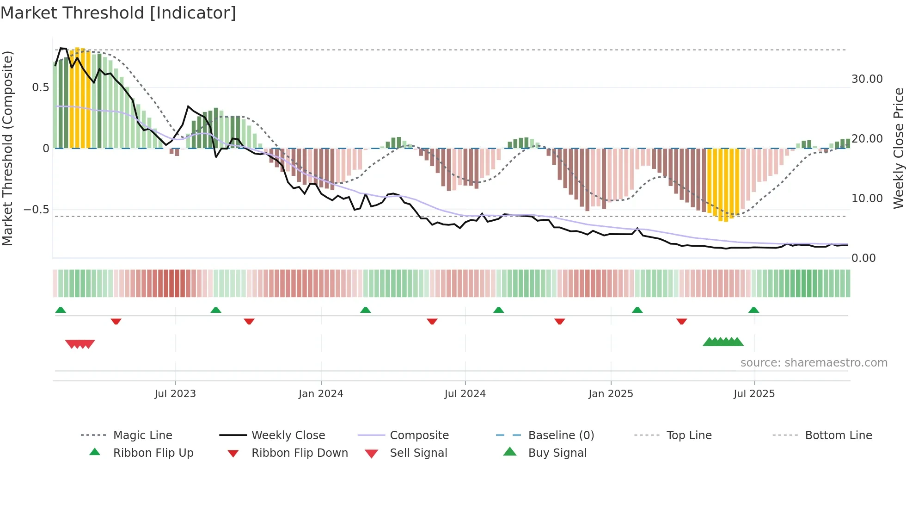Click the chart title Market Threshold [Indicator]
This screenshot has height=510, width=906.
118,13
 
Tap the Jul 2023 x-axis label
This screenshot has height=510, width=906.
175,394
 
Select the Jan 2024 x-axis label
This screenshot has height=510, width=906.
321,394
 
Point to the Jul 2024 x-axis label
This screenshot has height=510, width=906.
465,394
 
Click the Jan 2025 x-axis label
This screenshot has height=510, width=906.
611,394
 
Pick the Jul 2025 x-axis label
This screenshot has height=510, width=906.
754,394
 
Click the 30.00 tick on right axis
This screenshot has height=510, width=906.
867,79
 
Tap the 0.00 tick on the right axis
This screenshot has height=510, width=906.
863,258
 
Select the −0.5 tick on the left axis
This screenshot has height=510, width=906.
36,210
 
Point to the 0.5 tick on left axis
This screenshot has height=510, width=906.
40,87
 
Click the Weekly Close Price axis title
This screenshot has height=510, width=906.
898,148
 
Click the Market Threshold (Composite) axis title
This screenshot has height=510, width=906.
7,148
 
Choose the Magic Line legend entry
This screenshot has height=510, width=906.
142,435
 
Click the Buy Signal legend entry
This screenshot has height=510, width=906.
557,453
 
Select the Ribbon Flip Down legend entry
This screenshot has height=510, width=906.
299,453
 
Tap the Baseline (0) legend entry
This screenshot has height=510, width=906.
561,435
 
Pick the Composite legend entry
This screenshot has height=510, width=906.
419,435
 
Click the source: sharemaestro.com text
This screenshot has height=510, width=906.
814,363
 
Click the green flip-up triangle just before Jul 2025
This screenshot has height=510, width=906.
753,310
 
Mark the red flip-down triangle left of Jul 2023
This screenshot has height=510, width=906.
116,321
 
